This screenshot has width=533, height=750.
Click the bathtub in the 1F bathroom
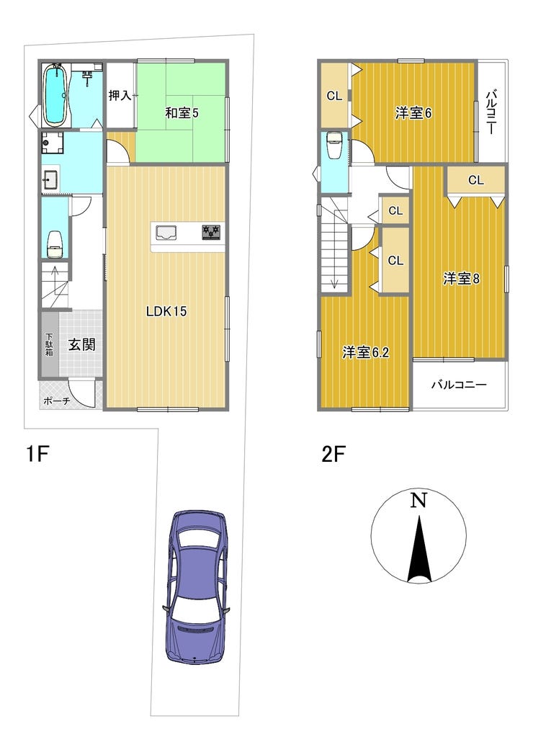[x=55, y=94]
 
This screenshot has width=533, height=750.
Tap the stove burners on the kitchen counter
[x=212, y=232]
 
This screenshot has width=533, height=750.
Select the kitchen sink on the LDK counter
[x=166, y=233]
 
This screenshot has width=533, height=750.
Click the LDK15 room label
[x=166, y=311]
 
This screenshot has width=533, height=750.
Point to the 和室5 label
[x=182, y=113]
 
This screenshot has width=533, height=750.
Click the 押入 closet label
[x=120, y=95]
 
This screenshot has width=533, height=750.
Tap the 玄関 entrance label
[x=81, y=344]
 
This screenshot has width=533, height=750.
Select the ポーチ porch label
[x=57, y=401]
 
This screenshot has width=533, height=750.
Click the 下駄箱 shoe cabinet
[x=50, y=344]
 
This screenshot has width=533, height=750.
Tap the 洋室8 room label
[x=461, y=278]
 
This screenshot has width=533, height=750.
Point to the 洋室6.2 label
[x=366, y=352]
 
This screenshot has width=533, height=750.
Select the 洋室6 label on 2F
[x=413, y=113]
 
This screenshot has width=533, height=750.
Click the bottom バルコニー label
[x=459, y=384]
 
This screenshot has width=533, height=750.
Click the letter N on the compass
[x=418, y=500]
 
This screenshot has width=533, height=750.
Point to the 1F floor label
[x=37, y=453]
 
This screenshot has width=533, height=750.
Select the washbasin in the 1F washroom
[x=50, y=180]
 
